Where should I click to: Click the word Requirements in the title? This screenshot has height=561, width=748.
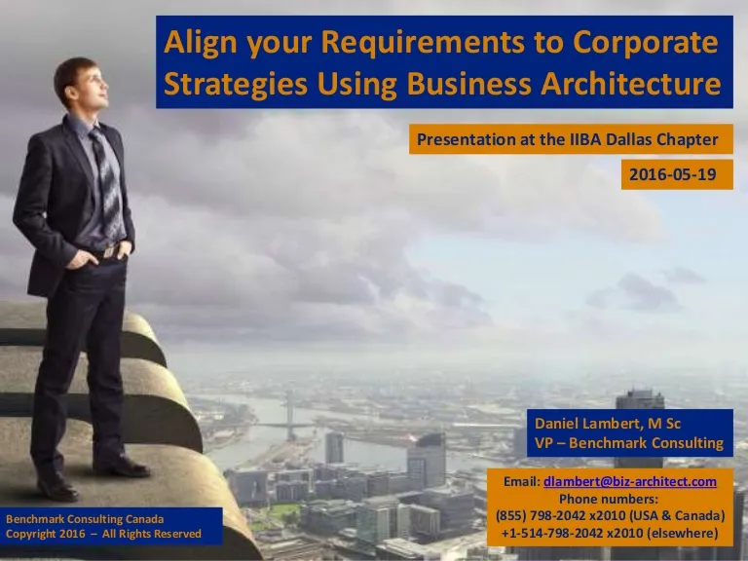[423, 43]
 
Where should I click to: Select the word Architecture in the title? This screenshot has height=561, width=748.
[631, 84]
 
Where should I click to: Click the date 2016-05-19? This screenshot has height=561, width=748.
[673, 174]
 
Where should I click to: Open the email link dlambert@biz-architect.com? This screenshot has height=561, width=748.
[630, 482]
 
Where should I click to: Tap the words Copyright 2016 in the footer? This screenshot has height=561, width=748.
[46, 534]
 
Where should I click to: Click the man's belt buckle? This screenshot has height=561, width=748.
[110, 251]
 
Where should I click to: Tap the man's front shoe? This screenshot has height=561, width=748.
[121, 466]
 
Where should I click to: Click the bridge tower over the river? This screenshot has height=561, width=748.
[290, 415]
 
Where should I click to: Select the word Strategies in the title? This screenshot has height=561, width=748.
[235, 84]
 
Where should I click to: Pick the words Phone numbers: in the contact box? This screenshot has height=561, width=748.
[608, 499]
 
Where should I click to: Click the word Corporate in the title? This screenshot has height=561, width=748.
[646, 43]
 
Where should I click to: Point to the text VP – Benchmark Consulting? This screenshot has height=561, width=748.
[629, 443]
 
